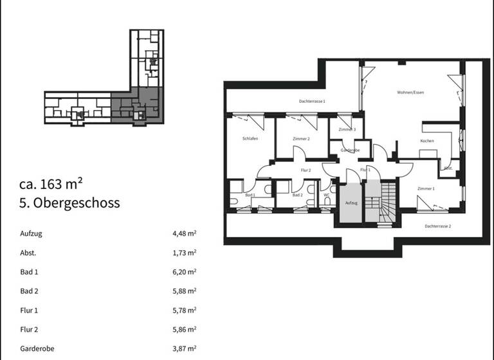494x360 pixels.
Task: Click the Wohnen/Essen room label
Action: click(410, 93)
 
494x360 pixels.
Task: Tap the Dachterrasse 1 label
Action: click(312, 102)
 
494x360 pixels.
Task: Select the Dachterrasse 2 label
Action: click(437, 226)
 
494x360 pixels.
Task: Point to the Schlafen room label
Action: click(250, 139)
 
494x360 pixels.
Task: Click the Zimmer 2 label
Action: click(301, 139)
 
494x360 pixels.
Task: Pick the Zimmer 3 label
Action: click(347, 130)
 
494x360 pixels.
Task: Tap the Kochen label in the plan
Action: click(427, 141)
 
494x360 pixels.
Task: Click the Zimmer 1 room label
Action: click(426, 188)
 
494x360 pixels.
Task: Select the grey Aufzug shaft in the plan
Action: click(351, 202)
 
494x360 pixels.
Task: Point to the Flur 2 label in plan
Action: click(306, 170)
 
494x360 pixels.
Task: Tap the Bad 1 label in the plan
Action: click(251, 195)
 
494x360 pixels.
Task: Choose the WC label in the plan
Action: click(327, 195)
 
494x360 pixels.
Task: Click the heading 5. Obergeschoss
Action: click(69, 203)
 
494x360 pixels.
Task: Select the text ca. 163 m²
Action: click(51, 184)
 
